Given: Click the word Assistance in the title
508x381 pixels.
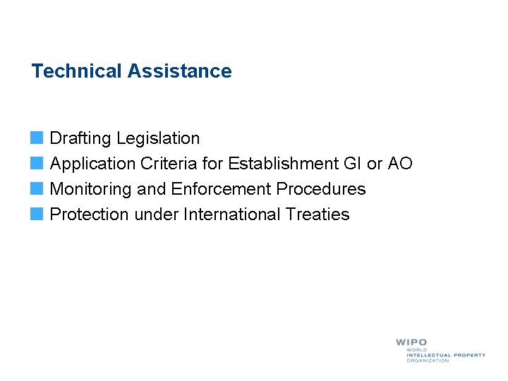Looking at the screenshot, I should tap(180, 71).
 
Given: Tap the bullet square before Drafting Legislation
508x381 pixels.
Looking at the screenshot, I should tap(37, 138).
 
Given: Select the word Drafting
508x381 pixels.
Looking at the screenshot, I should tap(81, 138).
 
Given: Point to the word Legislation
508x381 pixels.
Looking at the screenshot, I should tap(159, 138).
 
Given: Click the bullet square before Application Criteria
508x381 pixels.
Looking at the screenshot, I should tap(37, 163).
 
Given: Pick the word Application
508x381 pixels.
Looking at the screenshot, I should tap(92, 164).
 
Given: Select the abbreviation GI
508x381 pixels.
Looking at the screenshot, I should tap(351, 164).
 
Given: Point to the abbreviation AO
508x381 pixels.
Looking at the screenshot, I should tap(399, 164).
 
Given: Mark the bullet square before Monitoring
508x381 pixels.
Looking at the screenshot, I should tap(37, 188).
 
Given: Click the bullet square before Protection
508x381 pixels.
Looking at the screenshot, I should tap(37, 214).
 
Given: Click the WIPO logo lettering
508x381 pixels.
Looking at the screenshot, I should tap(411, 342).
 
